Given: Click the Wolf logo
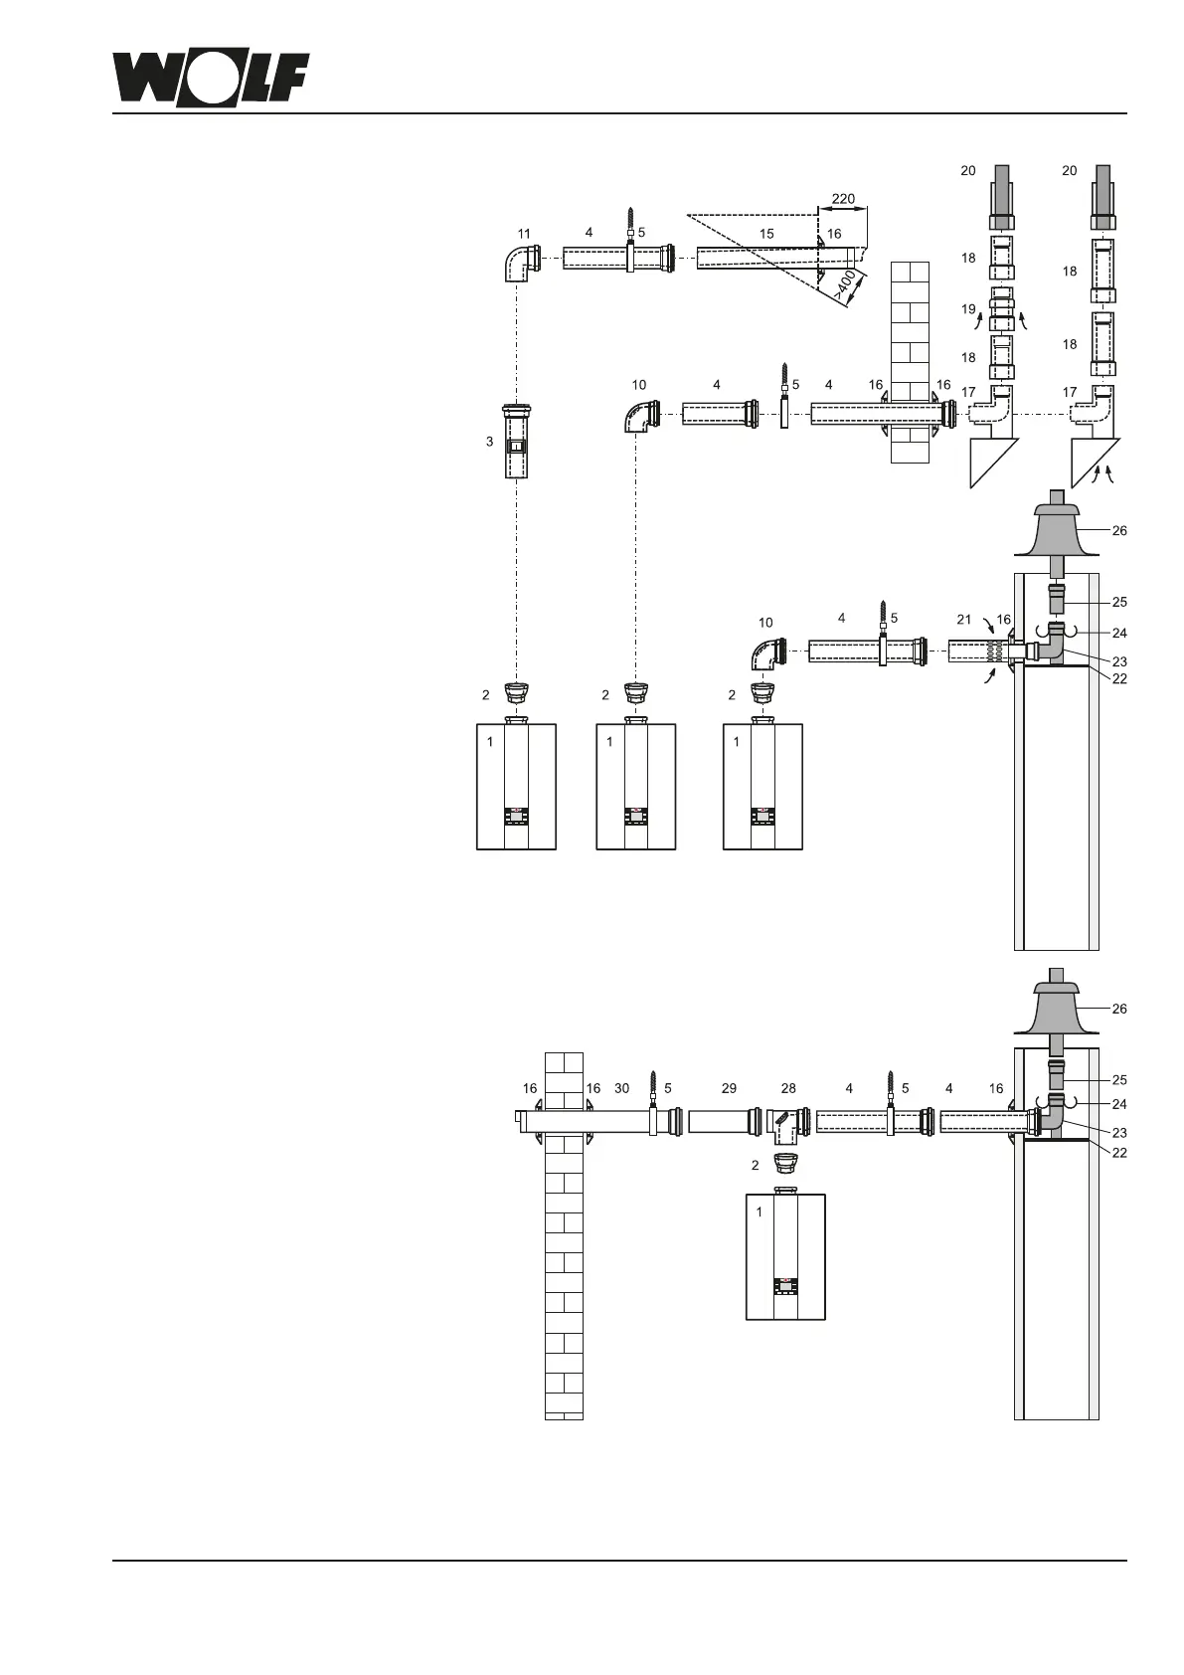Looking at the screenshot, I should coord(210,77).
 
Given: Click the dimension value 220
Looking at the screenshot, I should coord(842,199).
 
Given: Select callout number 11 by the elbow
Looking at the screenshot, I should coord(524,235).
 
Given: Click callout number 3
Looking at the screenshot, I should coord(490,441).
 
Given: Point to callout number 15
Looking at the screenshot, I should coord(766,233).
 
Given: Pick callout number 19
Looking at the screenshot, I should coord(968,309).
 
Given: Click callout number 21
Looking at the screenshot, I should coord(963,620).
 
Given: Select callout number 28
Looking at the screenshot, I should coord(788,1089).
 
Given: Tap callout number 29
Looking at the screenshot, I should coord(729,1089).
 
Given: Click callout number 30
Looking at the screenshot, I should coord(621,1089).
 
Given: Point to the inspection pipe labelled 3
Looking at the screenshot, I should coord(516,442).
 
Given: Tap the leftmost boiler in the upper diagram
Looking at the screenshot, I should coord(516,786).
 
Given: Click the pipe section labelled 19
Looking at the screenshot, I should coord(1002,308).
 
